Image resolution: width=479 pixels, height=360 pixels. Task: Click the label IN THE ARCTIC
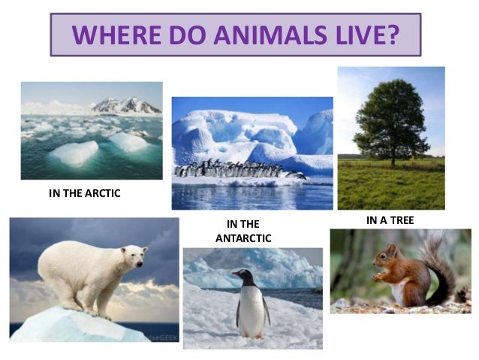tap(84, 193)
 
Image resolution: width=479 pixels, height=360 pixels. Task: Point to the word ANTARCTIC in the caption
tap(243, 238)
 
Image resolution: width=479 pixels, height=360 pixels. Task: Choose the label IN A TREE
tap(390, 220)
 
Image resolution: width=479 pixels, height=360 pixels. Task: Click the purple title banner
tap(235, 35)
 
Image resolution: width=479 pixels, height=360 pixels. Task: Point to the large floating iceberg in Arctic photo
tap(74, 153)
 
